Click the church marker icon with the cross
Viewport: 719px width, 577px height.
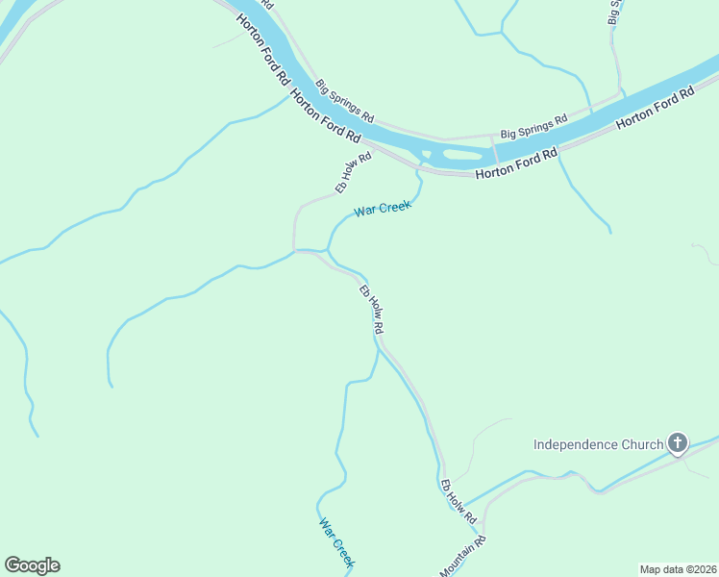tap(678, 443)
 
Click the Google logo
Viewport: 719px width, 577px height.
tap(32, 565)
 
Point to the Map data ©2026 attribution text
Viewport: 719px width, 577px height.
tap(678, 568)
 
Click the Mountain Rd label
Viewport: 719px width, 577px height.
tap(463, 557)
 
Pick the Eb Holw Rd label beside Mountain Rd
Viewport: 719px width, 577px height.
tap(458, 502)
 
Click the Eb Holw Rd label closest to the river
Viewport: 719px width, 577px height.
tap(353, 173)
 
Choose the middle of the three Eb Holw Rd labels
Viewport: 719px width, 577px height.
tap(371, 310)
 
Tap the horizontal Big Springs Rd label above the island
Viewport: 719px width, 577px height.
tap(533, 127)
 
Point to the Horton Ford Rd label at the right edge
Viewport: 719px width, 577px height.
tap(655, 109)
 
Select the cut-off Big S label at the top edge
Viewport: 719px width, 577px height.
tap(616, 12)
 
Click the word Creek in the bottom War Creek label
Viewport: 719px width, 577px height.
tap(345, 555)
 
